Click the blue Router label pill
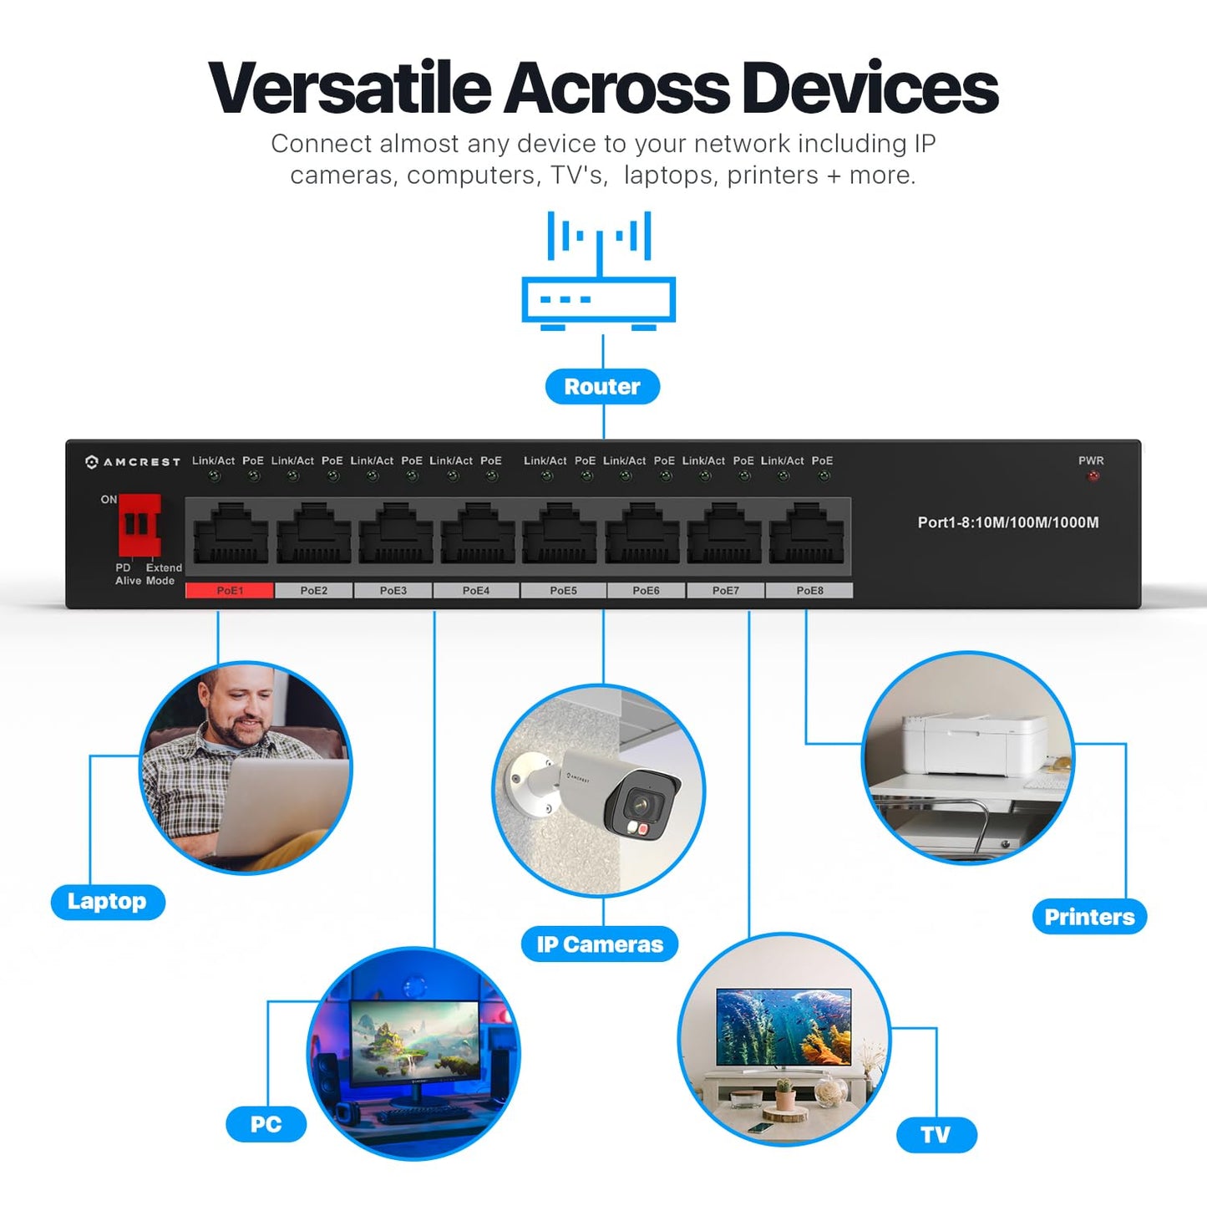(x=602, y=386)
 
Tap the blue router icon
(x=599, y=271)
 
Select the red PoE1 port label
(x=230, y=590)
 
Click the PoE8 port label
(x=809, y=590)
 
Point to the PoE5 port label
(x=563, y=590)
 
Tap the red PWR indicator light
(x=1093, y=476)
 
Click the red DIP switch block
(x=139, y=525)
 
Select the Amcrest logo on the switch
(x=133, y=462)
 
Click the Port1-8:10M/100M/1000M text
(x=1008, y=522)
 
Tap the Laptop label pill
(x=108, y=902)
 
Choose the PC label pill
(x=266, y=1124)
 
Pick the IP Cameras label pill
(x=600, y=944)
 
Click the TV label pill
(x=936, y=1135)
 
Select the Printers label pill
(x=1089, y=917)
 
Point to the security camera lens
(x=644, y=804)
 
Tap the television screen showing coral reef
(x=784, y=1026)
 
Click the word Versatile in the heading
(x=349, y=88)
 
